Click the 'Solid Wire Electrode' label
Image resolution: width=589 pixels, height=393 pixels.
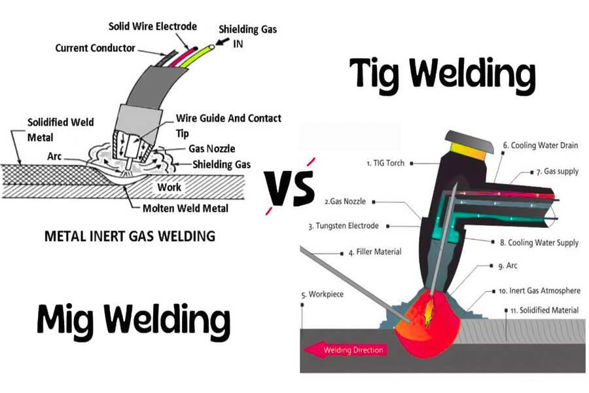[x=152, y=26]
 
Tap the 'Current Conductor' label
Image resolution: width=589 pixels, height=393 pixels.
[x=95, y=48]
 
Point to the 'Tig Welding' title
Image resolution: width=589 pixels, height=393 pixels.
[x=442, y=73]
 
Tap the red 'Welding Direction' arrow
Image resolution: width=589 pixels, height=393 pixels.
[x=345, y=350]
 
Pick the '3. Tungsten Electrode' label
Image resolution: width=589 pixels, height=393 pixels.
[x=344, y=226]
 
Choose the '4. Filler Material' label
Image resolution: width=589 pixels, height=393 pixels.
[x=375, y=252]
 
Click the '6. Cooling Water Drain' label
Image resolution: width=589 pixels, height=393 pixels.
[x=541, y=145]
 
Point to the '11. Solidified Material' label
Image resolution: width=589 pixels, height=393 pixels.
[x=541, y=309]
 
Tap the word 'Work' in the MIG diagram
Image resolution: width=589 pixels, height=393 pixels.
[x=169, y=187]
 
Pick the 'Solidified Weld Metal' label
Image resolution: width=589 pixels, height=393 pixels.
[x=60, y=128]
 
